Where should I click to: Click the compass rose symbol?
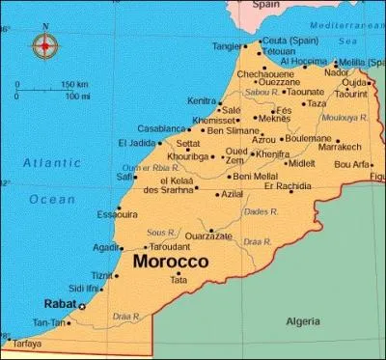click(44, 44)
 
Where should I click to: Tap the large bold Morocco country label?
click(171, 262)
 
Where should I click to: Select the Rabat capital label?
click(62, 304)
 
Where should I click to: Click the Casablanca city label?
click(161, 128)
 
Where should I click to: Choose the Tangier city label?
click(228, 45)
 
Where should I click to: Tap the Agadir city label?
click(107, 247)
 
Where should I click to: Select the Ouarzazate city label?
click(207, 235)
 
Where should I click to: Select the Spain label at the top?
click(265, 5)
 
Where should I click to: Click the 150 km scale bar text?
click(74, 85)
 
